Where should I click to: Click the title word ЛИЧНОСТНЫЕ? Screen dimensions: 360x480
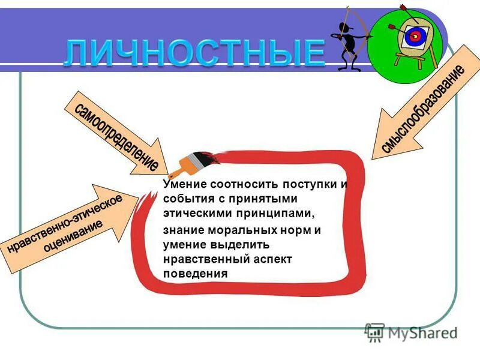[x=195, y=53]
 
